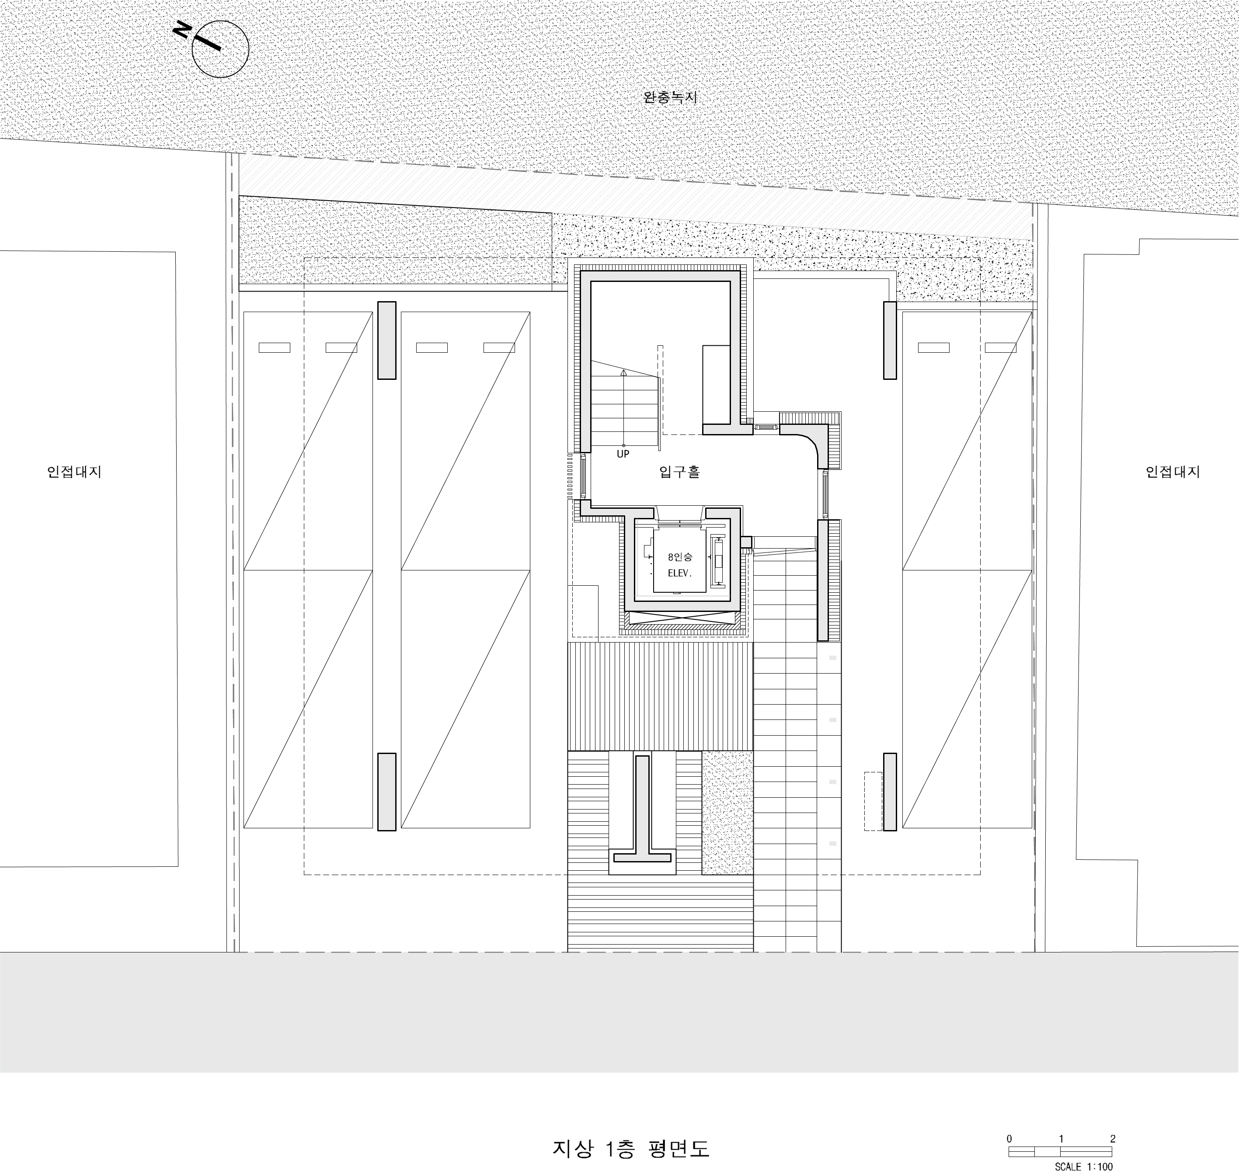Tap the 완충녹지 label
[670, 98]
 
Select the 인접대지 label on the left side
[74, 472]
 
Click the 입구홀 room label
[680, 472]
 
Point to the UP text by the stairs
[623, 455]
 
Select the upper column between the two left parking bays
[387, 340]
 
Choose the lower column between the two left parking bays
[387, 792]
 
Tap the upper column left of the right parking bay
[889, 340]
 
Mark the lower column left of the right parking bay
[889, 792]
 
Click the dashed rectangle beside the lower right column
[873, 801]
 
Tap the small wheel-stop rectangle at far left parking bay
[275, 347]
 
